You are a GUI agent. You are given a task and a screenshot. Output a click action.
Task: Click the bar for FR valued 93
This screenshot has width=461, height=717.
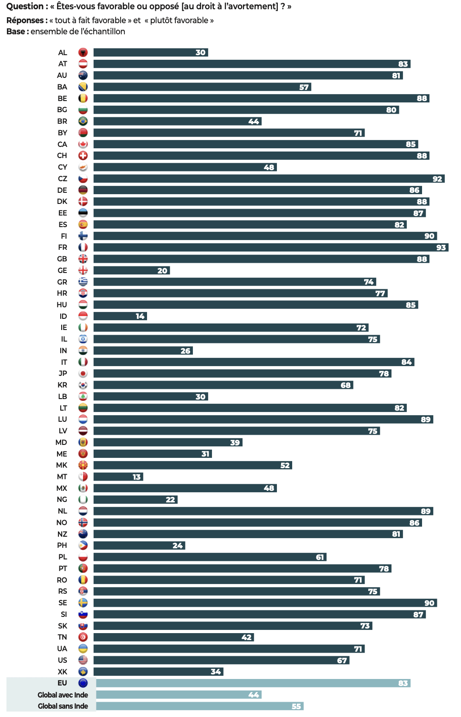tap(271, 247)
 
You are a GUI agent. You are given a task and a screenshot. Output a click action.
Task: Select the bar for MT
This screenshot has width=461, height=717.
tap(118, 477)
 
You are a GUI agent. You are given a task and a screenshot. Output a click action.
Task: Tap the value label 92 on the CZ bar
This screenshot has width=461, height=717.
tap(437, 179)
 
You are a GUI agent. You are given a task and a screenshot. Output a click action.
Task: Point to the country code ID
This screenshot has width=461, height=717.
tap(63, 316)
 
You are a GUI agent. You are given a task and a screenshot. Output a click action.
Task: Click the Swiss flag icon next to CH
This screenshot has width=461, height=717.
tap(83, 156)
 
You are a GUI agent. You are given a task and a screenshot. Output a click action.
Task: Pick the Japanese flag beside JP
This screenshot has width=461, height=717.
tap(83, 374)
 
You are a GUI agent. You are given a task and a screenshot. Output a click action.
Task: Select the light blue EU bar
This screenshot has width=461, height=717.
tap(253, 683)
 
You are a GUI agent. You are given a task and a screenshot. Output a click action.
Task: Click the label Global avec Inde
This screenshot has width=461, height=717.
tap(63, 695)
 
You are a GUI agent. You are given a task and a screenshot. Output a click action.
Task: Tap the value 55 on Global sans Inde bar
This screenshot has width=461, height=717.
tap(296, 706)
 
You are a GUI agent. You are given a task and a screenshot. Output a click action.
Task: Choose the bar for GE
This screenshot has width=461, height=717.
tap(132, 271)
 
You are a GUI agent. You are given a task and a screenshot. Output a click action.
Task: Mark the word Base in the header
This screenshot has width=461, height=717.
tap(16, 32)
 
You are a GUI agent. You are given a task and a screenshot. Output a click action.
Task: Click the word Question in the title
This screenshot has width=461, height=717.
tap(25, 6)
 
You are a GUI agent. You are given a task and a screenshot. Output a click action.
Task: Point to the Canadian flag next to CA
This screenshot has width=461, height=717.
tap(83, 144)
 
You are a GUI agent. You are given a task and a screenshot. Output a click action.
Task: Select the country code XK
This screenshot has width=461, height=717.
tap(63, 672)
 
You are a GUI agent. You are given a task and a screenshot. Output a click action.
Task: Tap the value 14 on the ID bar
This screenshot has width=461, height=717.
tap(140, 316)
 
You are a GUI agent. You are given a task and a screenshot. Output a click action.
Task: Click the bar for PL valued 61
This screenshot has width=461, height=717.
tap(210, 557)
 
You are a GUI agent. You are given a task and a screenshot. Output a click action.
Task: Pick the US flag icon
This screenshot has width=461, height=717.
tap(83, 660)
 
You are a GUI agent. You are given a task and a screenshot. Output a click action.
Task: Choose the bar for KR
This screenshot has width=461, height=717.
tap(223, 385)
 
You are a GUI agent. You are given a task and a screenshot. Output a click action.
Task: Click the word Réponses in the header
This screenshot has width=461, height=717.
tap(26, 20)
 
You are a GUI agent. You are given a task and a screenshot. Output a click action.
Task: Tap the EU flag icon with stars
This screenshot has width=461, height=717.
tap(83, 683)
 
